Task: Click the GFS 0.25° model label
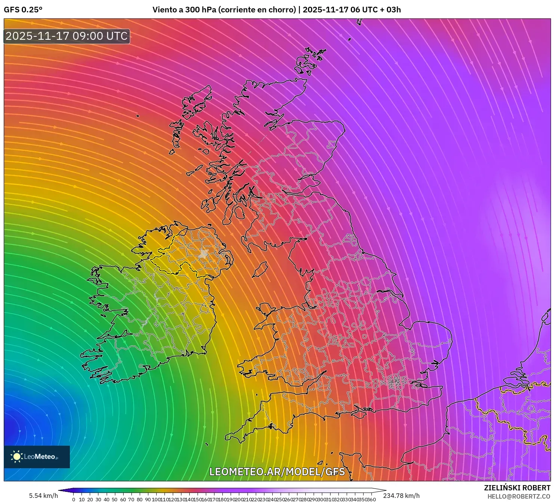coord(23,10)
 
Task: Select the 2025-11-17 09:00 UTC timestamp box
coord(67,36)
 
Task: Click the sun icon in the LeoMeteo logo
coord(17,457)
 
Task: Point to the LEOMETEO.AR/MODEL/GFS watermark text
coord(277,472)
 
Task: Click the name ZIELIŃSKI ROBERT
coord(517,488)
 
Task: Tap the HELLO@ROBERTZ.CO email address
coord(519,496)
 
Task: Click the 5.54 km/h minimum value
coord(43,496)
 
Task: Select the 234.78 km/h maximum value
coord(402,496)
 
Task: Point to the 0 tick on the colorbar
coord(74,499)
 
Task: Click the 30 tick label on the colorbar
coord(98,499)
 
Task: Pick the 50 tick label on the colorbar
coord(115,499)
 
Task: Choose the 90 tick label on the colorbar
coord(148,499)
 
